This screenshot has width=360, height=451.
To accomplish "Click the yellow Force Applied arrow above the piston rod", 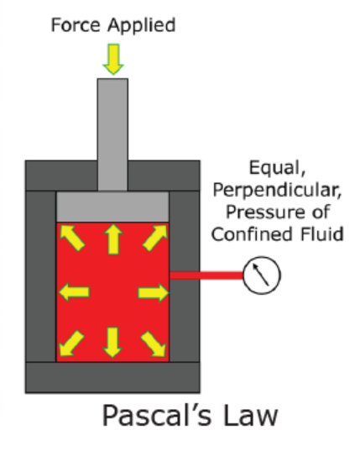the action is click(x=113, y=60).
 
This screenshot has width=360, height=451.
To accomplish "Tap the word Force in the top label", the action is click(x=76, y=24).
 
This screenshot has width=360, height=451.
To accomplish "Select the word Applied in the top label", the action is click(x=142, y=26).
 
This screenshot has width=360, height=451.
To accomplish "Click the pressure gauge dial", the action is click(x=262, y=275).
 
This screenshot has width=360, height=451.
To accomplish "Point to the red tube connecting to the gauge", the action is click(x=206, y=275).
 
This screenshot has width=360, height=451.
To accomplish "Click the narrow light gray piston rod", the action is click(x=112, y=134).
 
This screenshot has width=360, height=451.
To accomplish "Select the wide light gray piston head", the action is click(x=112, y=207).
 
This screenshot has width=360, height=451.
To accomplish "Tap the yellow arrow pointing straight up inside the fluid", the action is click(x=113, y=239).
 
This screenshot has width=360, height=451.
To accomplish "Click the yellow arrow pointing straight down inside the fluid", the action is click(x=112, y=343).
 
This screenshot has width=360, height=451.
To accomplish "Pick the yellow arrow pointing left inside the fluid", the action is click(x=74, y=292).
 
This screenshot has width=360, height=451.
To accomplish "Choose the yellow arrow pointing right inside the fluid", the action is click(x=154, y=292).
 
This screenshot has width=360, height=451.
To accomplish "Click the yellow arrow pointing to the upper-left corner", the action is click(x=72, y=238).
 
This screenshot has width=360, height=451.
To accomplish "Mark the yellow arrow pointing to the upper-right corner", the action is click(x=154, y=238).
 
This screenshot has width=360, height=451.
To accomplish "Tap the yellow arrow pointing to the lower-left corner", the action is click(x=71, y=343).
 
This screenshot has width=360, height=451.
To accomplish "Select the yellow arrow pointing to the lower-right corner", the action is click(x=154, y=343).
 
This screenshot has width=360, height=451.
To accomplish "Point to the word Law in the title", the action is click(x=251, y=416).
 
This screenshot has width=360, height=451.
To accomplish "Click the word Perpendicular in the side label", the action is click(x=278, y=191).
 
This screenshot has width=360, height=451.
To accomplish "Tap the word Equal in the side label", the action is click(x=277, y=169).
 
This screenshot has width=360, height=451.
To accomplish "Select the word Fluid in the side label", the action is click(x=322, y=233).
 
